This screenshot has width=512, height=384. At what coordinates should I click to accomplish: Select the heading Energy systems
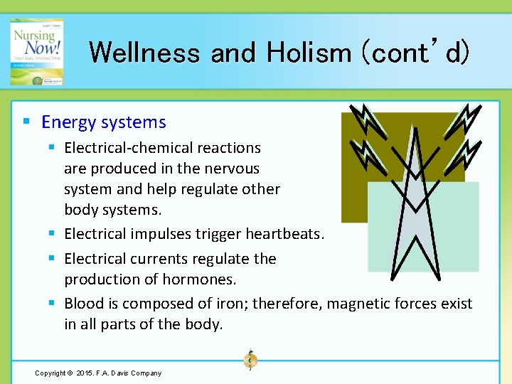coord(104,122)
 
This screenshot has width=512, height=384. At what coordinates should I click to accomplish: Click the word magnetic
coord(359,304)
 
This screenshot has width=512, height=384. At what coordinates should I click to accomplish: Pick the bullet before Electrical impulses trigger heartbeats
coord(52,234)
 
